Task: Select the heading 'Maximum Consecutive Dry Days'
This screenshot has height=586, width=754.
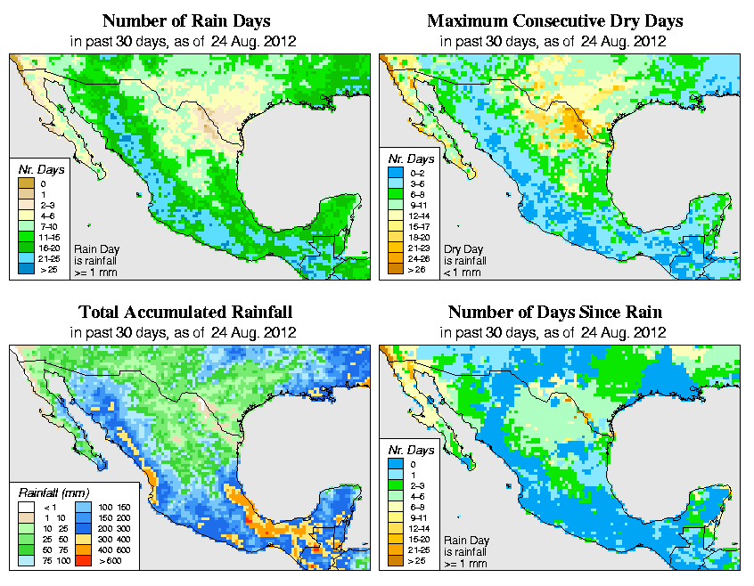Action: (x=554, y=20)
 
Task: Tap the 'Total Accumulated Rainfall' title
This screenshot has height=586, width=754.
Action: (x=185, y=313)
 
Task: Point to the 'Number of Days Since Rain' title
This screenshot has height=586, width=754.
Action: (x=554, y=313)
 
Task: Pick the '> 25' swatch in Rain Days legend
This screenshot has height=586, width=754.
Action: (x=25, y=268)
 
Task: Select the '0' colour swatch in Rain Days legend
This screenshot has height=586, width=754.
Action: (x=25, y=183)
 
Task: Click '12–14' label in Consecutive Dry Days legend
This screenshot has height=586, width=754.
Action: (x=417, y=215)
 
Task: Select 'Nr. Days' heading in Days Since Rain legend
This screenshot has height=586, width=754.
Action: (x=414, y=451)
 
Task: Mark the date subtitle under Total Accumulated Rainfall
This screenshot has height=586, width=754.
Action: (x=185, y=332)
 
